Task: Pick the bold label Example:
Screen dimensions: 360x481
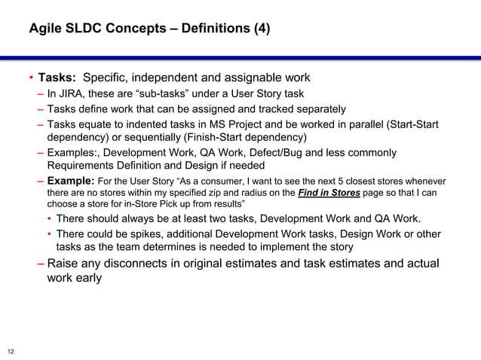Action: point(71,182)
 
